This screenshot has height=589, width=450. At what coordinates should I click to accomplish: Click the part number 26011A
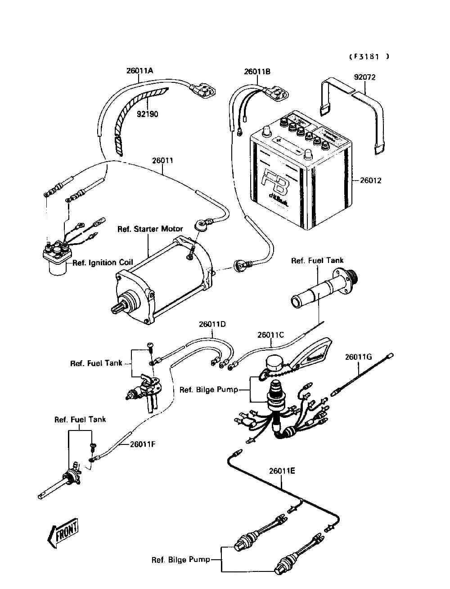[x=139, y=71]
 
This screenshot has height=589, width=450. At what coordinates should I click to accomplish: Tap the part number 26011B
[x=258, y=72]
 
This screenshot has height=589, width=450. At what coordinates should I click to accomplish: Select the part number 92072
[x=364, y=77]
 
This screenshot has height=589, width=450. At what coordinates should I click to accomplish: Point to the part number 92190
[x=148, y=114]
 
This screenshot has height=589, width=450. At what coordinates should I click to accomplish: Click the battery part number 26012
[x=371, y=181]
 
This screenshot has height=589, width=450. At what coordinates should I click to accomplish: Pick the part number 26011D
[x=212, y=324]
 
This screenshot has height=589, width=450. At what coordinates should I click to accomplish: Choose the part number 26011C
[x=271, y=335]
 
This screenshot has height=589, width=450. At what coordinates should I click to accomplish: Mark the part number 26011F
[x=143, y=444]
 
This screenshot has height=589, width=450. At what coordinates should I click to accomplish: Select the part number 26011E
[x=282, y=471]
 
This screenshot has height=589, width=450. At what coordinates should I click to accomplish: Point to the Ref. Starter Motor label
[x=150, y=229]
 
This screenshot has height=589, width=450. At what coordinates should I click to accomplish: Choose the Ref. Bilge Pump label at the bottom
[x=180, y=560]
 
